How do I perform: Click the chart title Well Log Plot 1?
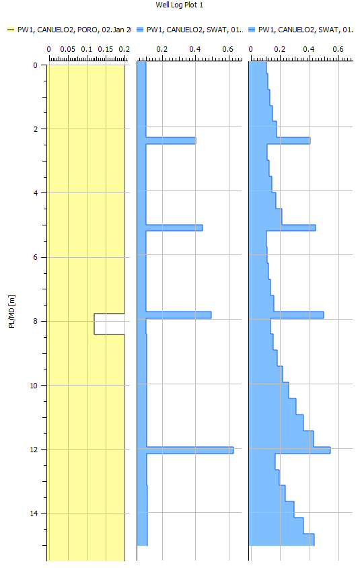180,5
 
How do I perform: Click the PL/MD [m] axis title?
11,311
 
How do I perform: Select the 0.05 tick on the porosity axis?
67,50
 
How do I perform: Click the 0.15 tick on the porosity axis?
106,50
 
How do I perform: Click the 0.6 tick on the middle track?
227,50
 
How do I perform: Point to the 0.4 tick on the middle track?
195,50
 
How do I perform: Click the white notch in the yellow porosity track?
109,324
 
